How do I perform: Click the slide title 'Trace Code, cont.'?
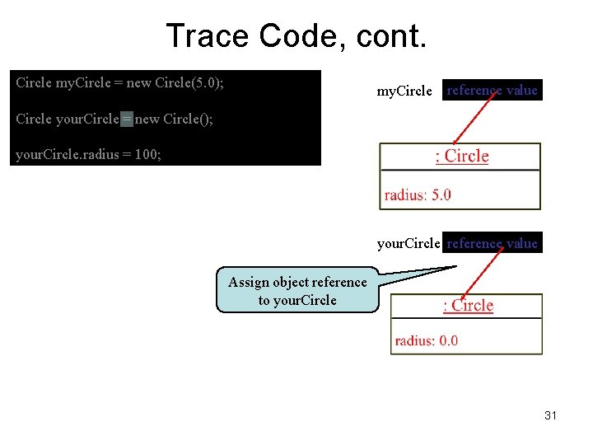coord(296,36)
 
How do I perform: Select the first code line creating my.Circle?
coord(120,83)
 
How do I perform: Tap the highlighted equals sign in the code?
coord(126,119)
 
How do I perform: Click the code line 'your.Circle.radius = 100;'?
coord(89,154)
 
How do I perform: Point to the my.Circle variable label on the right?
coord(404,91)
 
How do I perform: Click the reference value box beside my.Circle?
coord(493,91)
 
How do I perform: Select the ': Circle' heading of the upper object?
coord(461,157)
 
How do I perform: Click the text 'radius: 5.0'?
coord(418,195)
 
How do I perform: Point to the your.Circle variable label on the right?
coord(409,244)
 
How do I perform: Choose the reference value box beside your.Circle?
coord(493,243)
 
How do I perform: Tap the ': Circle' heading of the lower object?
coord(468,306)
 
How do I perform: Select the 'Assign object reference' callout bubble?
coord(297,291)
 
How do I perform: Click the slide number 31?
coord(550,415)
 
